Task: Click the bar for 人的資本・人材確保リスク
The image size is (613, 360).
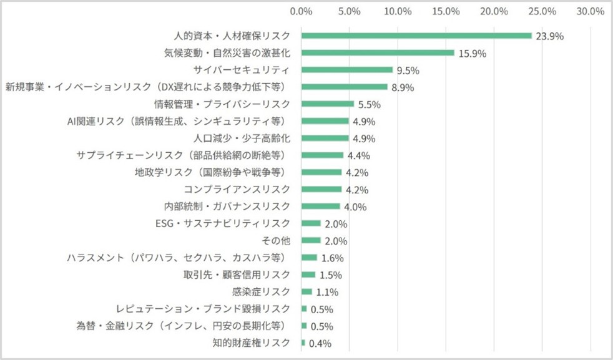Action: pos(416,36)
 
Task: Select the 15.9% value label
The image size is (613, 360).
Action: pos(472,53)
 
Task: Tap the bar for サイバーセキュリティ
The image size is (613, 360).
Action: pos(347,70)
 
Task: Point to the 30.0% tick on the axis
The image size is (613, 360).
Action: pos(590,11)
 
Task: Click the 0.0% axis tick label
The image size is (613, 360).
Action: pos(302,11)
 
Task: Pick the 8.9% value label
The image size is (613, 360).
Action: pos(403,87)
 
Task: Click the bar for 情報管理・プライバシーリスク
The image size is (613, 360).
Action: pos(328,104)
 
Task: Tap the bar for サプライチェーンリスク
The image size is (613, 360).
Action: pos(323,155)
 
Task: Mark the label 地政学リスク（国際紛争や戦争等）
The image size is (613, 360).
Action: pos(212,172)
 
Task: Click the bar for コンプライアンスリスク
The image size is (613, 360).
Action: pos(321,189)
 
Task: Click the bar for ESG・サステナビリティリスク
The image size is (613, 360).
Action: pos(311,223)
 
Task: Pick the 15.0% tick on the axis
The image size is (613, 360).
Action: pos(446,11)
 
